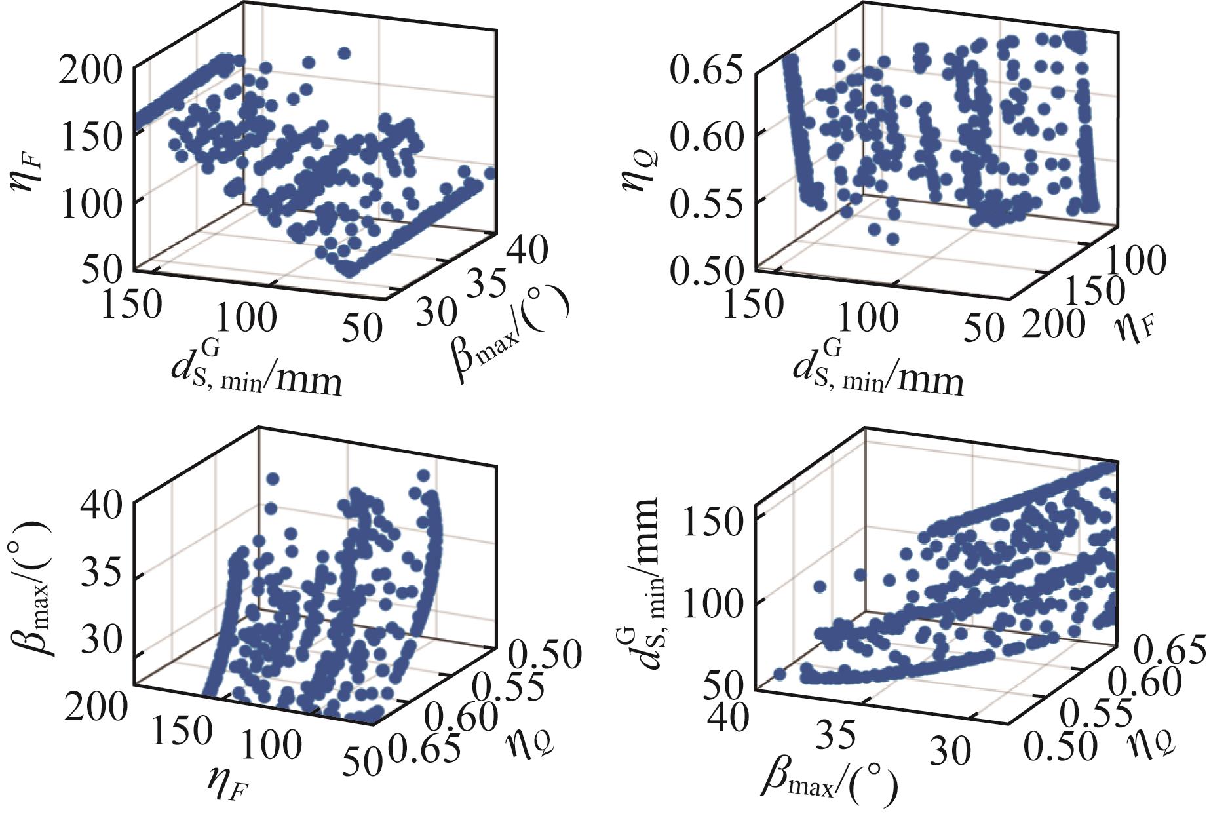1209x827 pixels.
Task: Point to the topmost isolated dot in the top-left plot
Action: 345,53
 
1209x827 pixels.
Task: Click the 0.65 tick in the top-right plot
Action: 706,71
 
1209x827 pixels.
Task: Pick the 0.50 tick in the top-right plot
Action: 706,270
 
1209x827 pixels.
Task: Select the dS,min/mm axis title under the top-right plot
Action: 878,374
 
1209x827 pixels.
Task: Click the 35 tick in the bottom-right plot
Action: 837,735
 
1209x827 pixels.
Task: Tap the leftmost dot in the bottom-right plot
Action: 779,674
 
